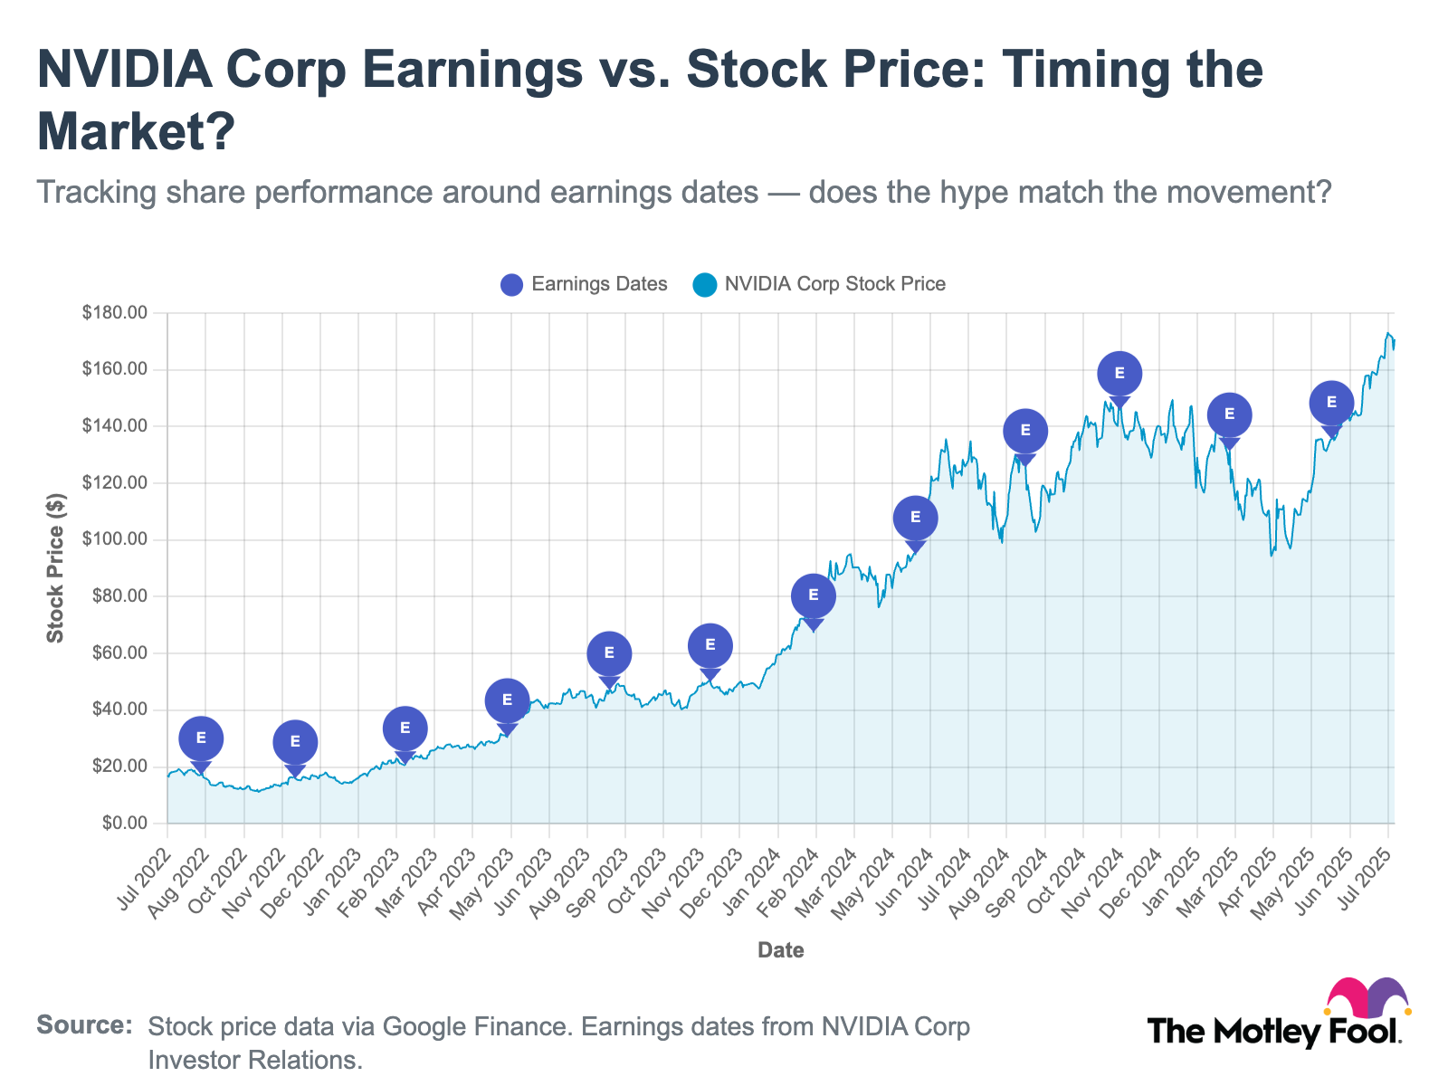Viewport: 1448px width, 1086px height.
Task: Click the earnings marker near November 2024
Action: [x=1119, y=373]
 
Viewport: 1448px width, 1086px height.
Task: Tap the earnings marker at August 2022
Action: [x=201, y=738]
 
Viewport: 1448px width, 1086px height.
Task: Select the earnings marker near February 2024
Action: [x=813, y=595]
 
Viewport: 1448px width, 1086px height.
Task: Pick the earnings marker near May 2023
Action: [x=507, y=700]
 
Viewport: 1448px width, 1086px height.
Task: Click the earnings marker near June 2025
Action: [x=1331, y=403]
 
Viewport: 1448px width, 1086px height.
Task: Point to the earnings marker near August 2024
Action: [x=1025, y=431]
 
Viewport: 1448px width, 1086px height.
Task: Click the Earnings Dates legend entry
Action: [x=585, y=284]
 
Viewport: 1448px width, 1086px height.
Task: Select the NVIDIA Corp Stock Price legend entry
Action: [x=819, y=284]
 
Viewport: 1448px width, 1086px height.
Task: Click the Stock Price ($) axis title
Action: [x=56, y=568]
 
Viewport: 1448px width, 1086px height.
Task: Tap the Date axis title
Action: [x=780, y=950]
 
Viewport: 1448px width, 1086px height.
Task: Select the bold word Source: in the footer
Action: [x=84, y=1026]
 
